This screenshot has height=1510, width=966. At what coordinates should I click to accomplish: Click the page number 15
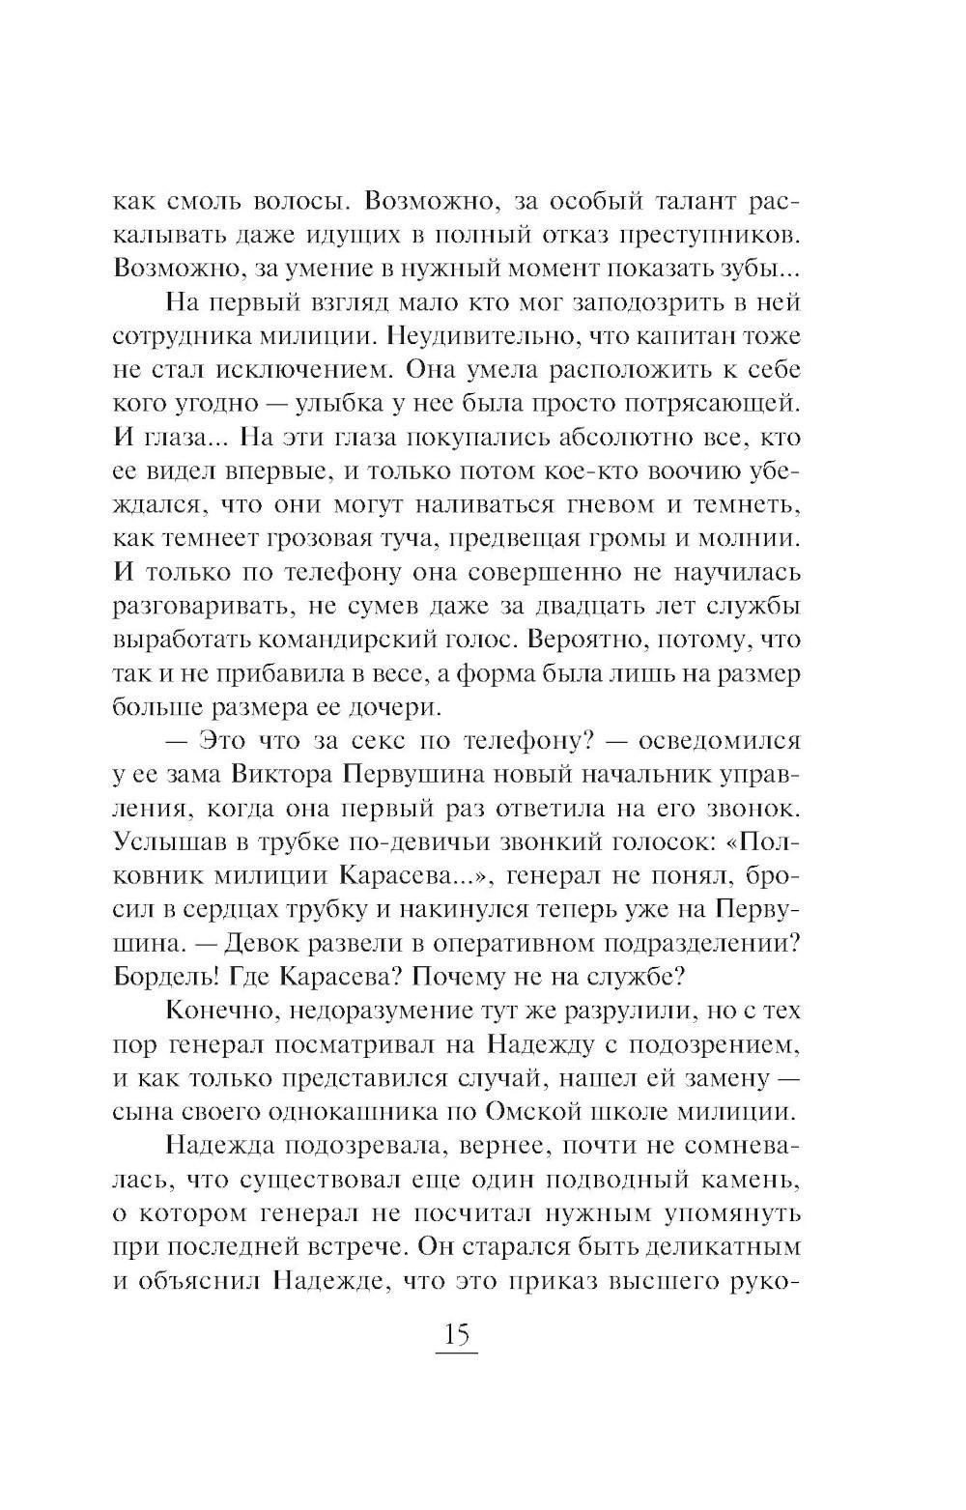(x=456, y=1337)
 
